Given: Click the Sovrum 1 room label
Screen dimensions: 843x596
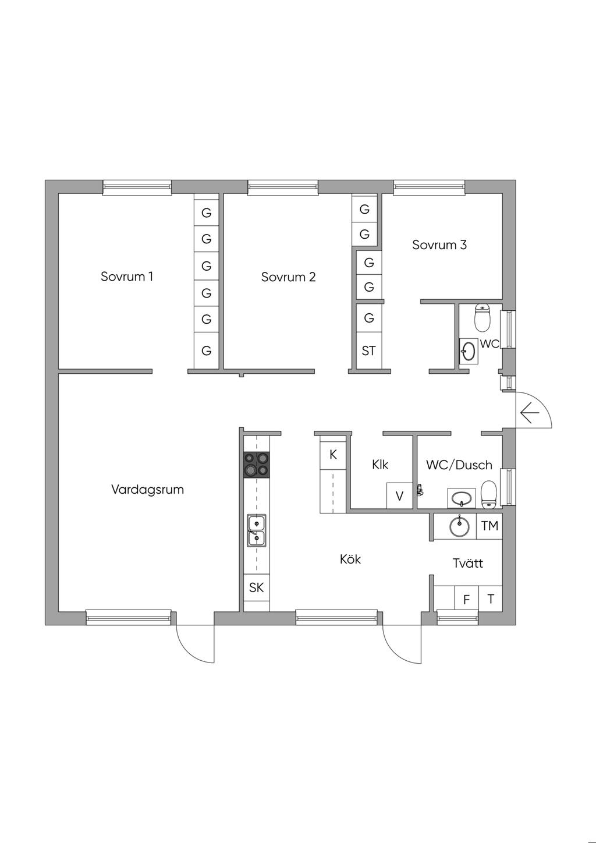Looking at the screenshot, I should [127, 277].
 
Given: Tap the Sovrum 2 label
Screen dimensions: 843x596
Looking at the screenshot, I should [288, 277].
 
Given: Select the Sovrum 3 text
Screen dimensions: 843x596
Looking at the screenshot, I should [439, 245].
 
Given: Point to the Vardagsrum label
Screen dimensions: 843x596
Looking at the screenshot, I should [147, 490].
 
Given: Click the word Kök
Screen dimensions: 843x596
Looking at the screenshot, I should [350, 559].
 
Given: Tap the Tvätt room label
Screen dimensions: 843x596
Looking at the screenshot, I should [468, 564].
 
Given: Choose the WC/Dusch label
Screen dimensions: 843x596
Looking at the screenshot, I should [459, 465].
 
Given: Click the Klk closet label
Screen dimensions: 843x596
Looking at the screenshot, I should [380, 465].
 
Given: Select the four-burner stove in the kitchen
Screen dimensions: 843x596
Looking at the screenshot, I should [257, 465].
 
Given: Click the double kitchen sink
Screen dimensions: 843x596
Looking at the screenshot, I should [256, 530].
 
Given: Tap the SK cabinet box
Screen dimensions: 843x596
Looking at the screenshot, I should [256, 588].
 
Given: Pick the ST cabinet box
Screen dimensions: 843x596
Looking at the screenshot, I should [368, 351].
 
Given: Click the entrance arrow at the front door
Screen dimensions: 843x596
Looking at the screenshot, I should [530, 414].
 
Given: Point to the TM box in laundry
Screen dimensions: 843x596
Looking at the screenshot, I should [489, 526].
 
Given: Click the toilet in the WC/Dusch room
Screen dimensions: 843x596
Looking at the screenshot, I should [489, 493].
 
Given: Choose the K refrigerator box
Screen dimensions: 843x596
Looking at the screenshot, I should [333, 455].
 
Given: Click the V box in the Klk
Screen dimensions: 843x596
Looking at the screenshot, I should [399, 496].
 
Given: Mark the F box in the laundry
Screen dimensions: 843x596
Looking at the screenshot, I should [466, 600].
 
